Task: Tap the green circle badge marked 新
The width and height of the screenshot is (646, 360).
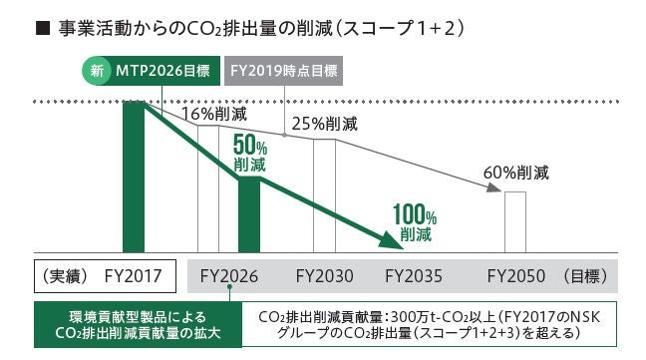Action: (x=97, y=72)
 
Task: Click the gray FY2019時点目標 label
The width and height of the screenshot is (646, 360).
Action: (x=283, y=72)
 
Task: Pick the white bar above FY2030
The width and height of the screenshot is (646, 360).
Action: (x=324, y=194)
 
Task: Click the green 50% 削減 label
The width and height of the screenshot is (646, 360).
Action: (x=250, y=153)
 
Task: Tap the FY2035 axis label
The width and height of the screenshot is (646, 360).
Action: (x=414, y=275)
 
